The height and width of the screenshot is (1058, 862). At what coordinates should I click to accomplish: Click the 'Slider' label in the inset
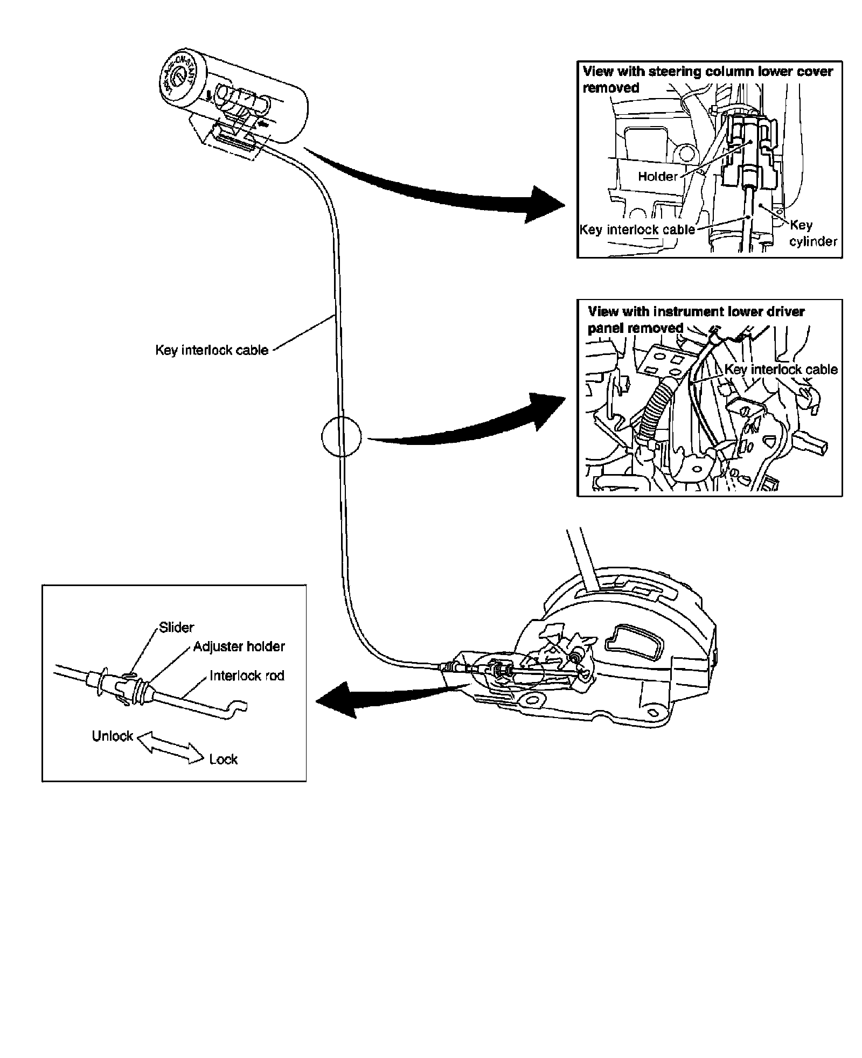point(176,627)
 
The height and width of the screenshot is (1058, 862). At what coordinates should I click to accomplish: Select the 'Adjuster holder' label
point(239,646)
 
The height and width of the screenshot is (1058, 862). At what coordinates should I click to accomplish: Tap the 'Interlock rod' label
point(247,676)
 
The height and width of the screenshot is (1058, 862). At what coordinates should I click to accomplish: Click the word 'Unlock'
point(112,736)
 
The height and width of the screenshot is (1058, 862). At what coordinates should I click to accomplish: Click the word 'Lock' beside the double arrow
point(223,759)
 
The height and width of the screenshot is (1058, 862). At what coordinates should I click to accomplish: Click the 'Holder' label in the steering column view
point(657,176)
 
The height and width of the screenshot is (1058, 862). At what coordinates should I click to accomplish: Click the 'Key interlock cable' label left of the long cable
point(212,350)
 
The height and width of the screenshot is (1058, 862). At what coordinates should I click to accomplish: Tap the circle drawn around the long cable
point(341,436)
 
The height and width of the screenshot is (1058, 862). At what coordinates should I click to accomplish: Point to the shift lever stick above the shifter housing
point(582,560)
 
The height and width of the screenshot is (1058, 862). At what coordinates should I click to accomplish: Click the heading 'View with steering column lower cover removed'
point(707,79)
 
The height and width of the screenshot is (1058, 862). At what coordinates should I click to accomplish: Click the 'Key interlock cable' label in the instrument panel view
point(781,369)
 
